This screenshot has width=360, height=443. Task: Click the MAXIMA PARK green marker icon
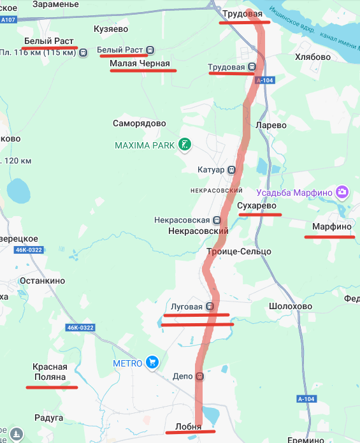184,145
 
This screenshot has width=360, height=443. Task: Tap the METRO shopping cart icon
152,363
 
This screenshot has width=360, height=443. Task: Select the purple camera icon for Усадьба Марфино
343,191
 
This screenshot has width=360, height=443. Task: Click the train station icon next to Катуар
231,170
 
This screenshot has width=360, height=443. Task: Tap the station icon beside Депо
200,377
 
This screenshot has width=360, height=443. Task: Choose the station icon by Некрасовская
217,220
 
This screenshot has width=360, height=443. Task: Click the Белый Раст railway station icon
150,50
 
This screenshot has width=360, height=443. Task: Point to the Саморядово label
139,124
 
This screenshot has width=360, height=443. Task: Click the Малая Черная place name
140,63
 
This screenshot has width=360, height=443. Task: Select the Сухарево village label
256,207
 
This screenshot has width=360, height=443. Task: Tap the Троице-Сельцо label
239,252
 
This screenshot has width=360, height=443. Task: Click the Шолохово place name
291,306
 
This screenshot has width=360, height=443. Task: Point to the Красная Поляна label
50,372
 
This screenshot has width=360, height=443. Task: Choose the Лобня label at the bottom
188,427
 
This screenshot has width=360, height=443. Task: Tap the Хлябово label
313,57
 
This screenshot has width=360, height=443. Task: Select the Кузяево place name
111,29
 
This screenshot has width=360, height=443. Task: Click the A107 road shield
8,20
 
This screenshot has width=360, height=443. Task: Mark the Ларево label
271,126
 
